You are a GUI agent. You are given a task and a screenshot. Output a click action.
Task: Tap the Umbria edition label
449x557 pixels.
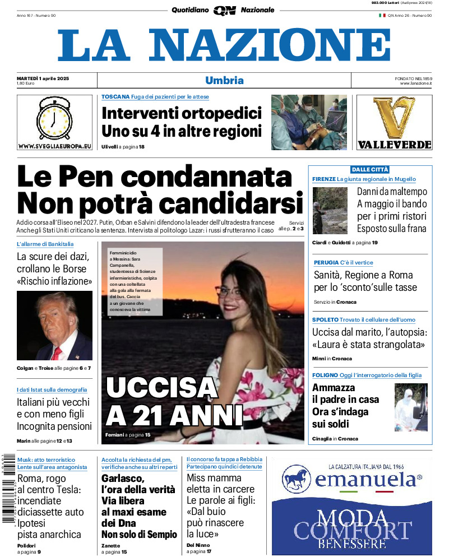[x=224, y=80]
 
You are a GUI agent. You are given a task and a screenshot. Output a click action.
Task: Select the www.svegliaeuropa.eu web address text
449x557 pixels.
[x=54, y=146]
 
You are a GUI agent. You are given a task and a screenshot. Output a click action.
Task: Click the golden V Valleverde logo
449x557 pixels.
[x=394, y=118]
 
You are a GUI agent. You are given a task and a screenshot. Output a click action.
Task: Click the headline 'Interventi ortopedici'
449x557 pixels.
[x=182, y=114]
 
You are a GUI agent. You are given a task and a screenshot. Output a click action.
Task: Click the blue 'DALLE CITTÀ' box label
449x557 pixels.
[x=370, y=169]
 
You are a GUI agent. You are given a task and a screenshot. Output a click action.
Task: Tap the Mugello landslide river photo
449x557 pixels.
[x=330, y=211]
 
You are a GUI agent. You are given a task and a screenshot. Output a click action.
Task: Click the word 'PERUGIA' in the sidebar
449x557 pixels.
[x=326, y=262]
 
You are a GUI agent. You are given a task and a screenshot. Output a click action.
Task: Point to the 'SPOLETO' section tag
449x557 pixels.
[x=325, y=319]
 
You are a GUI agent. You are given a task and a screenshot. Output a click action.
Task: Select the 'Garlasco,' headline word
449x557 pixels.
[x=123, y=478]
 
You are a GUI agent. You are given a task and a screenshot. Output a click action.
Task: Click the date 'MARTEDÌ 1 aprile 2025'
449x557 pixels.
[x=43, y=78]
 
